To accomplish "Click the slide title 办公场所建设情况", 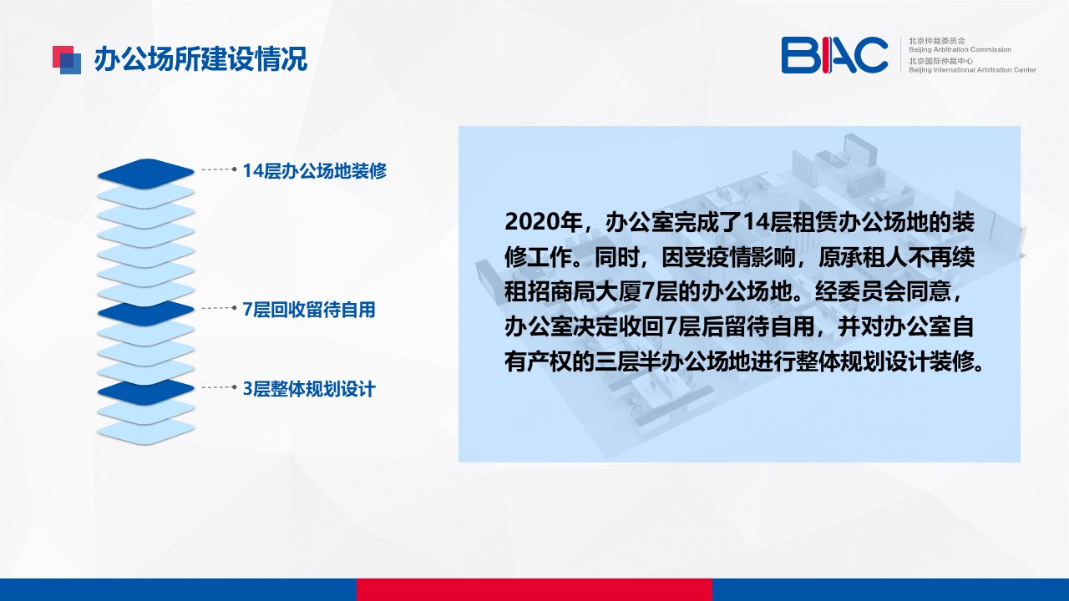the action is [200, 59].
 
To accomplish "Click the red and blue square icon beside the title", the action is [67, 60].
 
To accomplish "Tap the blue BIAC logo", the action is [834, 55].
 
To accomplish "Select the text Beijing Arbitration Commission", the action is [960, 49].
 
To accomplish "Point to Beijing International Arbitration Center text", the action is [972, 70].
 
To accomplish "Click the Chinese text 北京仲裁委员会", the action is [936, 41].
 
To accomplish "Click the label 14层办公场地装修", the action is [315, 171].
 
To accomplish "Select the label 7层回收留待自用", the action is [309, 310].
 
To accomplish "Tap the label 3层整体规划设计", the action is [309, 389].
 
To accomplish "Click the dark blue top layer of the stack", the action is [146, 172].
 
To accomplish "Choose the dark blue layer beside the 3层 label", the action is [146, 391].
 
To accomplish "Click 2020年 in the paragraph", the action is [543, 222].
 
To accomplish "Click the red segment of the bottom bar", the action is [534, 589].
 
